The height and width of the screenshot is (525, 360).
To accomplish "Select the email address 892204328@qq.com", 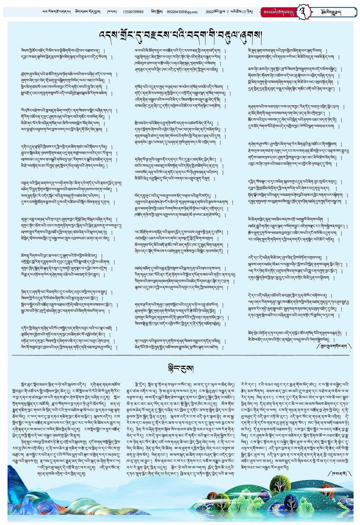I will [x=182, y=12].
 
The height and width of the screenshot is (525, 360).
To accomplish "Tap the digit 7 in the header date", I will [x=228, y=12].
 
